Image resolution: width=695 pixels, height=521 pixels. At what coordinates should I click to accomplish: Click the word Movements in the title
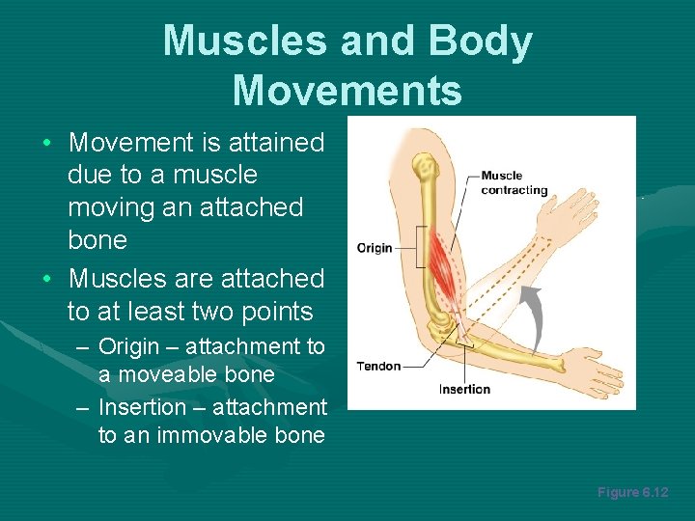point(347,90)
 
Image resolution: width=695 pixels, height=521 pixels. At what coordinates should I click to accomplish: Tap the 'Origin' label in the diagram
point(375,248)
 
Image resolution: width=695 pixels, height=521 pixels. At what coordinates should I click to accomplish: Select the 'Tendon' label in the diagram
point(378,367)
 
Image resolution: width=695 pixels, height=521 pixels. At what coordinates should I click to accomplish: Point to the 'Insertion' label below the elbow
point(464,390)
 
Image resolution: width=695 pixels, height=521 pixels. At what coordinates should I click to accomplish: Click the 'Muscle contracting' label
point(514,182)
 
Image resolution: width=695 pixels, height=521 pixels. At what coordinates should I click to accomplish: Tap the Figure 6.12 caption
point(632,492)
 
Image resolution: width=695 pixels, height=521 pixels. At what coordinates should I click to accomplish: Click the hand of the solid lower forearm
point(588,366)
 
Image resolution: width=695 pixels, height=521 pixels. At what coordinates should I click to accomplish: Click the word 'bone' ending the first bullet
point(97,240)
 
